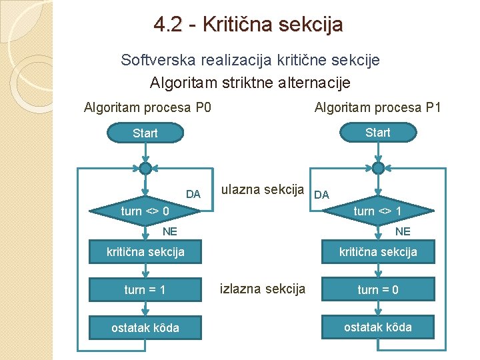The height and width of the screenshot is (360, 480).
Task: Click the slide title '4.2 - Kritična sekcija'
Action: [x=248, y=25]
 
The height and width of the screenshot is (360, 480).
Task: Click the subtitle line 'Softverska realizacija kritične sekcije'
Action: [x=250, y=60]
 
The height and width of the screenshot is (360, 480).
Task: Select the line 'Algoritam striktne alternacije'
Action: [x=250, y=83]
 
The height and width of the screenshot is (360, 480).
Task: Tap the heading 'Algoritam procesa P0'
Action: [x=147, y=107]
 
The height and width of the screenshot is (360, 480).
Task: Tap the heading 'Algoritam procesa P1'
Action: [x=377, y=107]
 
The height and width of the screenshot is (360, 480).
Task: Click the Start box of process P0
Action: [x=145, y=133]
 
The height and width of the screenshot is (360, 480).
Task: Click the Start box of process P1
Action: [x=377, y=133]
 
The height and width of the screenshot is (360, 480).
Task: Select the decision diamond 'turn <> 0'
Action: [x=145, y=211]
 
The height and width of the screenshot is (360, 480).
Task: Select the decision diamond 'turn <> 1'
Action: [x=377, y=211]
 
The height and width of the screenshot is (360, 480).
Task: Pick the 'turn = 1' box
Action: [x=145, y=290]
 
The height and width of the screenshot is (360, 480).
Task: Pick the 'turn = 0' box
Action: [x=377, y=289]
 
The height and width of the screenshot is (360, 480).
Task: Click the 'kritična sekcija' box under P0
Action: [x=145, y=252]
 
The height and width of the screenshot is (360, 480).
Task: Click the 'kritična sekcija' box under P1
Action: [x=377, y=252]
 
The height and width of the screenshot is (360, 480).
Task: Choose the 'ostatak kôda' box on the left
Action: [x=145, y=328]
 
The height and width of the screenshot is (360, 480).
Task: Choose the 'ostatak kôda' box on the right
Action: [x=377, y=327]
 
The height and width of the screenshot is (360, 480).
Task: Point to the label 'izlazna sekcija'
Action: [x=263, y=289]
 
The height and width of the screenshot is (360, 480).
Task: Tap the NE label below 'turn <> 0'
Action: [x=170, y=232]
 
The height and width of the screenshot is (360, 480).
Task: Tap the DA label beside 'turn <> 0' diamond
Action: [x=193, y=195]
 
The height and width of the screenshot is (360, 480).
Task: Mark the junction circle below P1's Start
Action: [x=377, y=167]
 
